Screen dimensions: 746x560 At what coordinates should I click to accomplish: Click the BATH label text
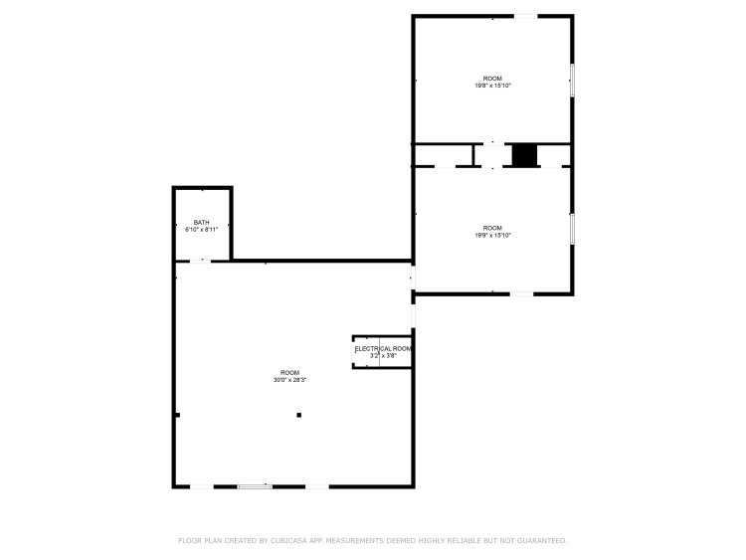pyautogui.click(x=201, y=222)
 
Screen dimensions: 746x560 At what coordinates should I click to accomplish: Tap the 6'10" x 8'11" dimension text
pyautogui.click(x=201, y=230)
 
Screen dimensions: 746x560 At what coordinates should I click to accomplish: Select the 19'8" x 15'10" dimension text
pyautogui.click(x=493, y=86)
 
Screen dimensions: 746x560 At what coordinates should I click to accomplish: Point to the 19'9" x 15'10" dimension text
pyautogui.click(x=493, y=235)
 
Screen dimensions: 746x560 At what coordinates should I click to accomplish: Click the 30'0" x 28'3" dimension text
pyautogui.click(x=289, y=380)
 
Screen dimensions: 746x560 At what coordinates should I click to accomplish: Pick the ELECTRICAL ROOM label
pyautogui.click(x=383, y=349)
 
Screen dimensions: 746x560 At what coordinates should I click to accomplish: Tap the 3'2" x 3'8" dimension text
pyautogui.click(x=383, y=355)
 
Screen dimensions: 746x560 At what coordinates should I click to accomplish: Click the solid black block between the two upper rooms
pyautogui.click(x=524, y=155)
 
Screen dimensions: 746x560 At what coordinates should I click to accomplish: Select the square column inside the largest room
pyautogui.click(x=298, y=415)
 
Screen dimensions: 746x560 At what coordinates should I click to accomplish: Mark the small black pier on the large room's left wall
pyautogui.click(x=177, y=415)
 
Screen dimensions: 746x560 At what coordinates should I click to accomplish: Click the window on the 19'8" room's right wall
pyautogui.click(x=572, y=81)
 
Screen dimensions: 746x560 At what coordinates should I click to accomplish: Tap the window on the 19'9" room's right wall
pyautogui.click(x=572, y=230)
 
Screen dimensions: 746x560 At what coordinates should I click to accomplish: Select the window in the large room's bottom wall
pyautogui.click(x=255, y=486)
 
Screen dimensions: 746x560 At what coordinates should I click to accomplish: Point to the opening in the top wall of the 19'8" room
pyautogui.click(x=526, y=17)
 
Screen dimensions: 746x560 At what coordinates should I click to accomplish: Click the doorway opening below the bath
pyautogui.click(x=200, y=261)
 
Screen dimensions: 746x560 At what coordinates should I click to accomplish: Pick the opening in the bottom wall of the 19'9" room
pyautogui.click(x=521, y=294)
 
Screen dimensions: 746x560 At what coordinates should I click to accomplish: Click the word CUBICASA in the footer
pyautogui.click(x=288, y=540)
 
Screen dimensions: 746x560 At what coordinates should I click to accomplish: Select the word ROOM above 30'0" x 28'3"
pyautogui.click(x=289, y=373)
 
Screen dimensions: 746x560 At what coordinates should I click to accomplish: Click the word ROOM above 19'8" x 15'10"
pyautogui.click(x=492, y=79)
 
